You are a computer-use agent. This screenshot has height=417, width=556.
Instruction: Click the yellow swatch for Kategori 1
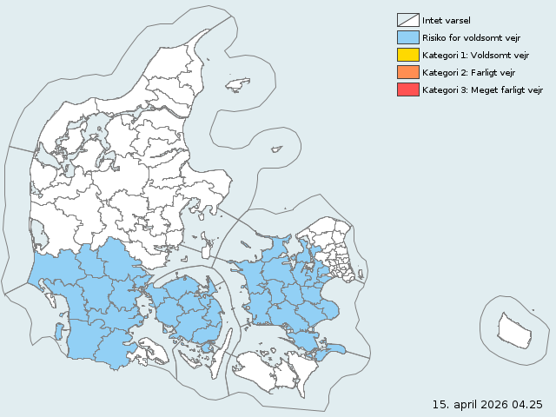pos(407,55)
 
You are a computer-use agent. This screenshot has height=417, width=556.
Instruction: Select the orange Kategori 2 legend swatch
pos(407,72)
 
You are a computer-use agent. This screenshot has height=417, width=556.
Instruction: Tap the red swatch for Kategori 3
pos(407,89)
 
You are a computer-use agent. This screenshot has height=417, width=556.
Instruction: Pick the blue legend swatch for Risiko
pos(407,37)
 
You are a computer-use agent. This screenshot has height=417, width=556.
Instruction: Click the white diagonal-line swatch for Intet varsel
pos(407,20)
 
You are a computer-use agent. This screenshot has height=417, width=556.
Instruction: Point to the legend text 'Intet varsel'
pos(446,20)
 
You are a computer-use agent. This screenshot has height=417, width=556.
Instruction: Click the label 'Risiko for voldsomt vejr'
pos(470,37)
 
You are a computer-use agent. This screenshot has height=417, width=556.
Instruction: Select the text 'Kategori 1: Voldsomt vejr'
pos(475,55)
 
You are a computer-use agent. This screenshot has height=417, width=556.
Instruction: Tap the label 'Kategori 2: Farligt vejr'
pos(469,72)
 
